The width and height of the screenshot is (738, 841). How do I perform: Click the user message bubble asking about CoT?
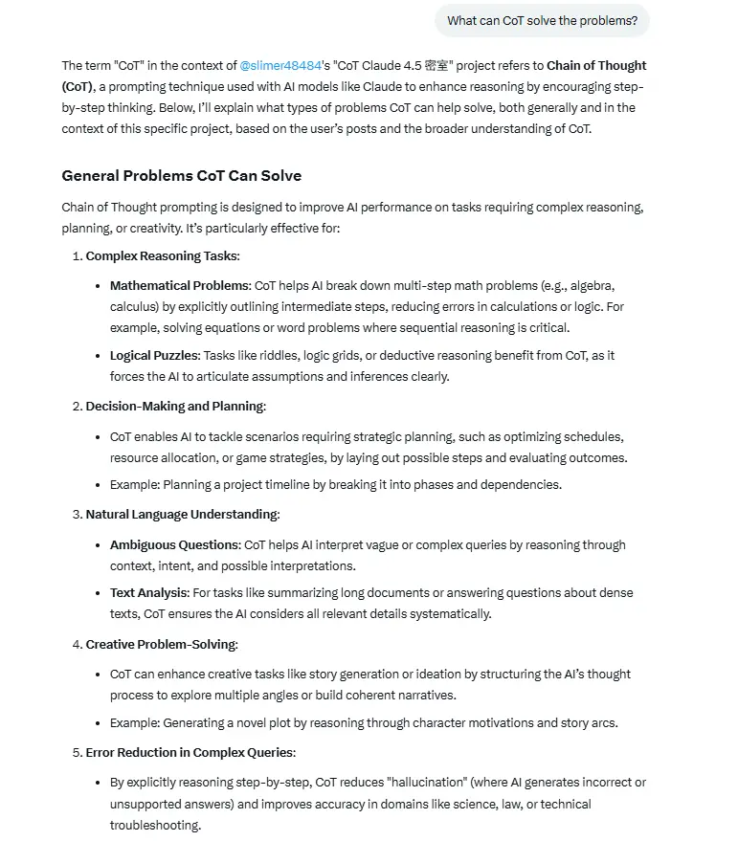(x=542, y=20)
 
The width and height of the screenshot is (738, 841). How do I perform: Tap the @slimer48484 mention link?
(x=280, y=66)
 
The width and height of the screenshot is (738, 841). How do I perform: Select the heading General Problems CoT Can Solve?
(x=181, y=176)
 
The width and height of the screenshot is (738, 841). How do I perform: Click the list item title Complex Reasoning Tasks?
(x=163, y=255)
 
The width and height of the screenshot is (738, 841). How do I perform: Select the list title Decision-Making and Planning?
(x=175, y=406)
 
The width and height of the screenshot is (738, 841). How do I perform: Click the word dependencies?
(x=526, y=484)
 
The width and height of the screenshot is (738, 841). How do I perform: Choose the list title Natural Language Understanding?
(x=182, y=514)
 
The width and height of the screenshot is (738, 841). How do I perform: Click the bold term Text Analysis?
(x=149, y=592)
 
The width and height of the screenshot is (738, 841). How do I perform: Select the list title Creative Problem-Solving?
(x=161, y=644)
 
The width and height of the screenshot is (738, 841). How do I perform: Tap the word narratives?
(x=424, y=695)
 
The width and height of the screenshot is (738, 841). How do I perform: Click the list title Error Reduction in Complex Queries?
(x=190, y=752)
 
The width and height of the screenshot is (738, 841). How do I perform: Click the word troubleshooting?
(x=154, y=825)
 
